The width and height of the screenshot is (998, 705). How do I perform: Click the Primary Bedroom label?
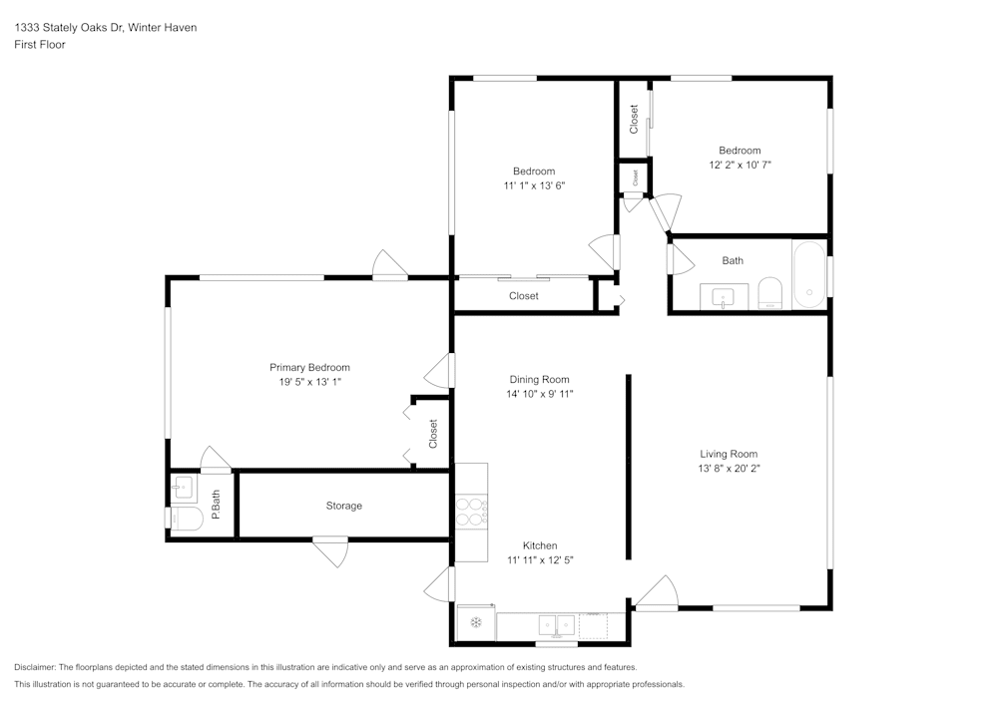(x=309, y=367)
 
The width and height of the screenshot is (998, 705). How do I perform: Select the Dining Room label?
(x=539, y=379)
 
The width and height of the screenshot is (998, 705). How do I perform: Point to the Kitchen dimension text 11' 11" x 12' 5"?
(x=540, y=560)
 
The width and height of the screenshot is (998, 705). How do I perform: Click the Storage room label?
(x=344, y=506)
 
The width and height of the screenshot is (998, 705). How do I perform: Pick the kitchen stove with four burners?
(x=471, y=511)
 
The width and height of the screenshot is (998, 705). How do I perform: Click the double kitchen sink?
(x=556, y=624)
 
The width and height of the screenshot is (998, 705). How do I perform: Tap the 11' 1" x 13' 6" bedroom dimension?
(x=534, y=185)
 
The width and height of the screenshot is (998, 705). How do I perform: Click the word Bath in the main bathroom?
(x=733, y=261)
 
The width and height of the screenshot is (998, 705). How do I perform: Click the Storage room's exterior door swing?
(x=330, y=549)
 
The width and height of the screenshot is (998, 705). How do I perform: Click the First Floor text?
(x=40, y=45)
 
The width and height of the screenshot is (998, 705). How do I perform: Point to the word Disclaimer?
(x=36, y=667)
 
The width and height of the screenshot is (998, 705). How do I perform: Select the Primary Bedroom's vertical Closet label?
(x=433, y=433)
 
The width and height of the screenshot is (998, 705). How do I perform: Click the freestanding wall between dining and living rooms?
(x=628, y=467)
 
